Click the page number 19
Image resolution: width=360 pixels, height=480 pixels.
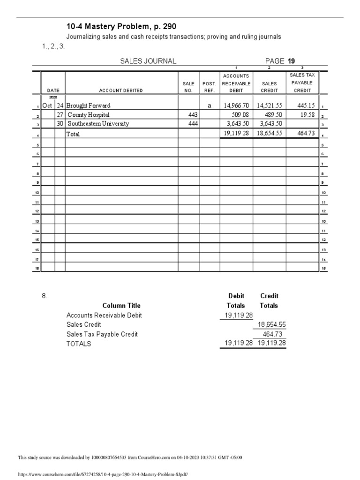tap(291, 61)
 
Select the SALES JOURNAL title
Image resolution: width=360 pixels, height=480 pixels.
tap(148, 61)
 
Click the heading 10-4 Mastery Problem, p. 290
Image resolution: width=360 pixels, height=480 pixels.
tap(121, 27)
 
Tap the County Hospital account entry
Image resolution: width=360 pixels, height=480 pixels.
tap(89, 114)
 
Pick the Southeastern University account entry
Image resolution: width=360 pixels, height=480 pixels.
tap(98, 124)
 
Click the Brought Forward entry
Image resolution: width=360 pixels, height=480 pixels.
tap(89, 105)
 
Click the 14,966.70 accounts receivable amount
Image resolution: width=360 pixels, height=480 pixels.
tap(237, 105)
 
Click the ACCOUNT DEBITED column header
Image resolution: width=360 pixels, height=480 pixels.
tap(121, 90)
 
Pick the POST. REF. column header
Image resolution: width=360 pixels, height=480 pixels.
tap(209, 87)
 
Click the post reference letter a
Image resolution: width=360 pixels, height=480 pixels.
tap(209, 105)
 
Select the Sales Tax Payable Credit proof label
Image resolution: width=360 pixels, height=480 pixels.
tap(102, 334)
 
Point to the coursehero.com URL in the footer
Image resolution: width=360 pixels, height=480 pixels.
tap(102, 474)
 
